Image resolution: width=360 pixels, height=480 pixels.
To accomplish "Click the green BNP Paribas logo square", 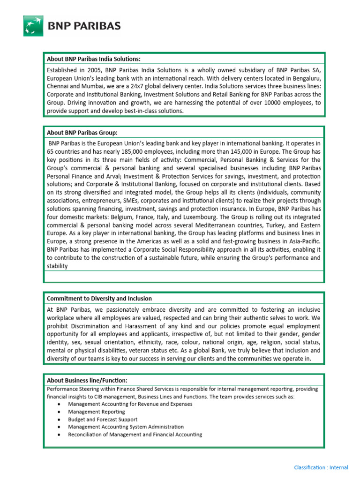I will click(33, 26).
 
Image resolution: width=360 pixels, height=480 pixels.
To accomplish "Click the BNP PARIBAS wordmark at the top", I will click(84, 26).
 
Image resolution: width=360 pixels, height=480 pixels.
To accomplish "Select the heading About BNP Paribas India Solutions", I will click(94, 59).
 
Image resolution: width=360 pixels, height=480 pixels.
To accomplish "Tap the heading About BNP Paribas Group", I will click(82, 133).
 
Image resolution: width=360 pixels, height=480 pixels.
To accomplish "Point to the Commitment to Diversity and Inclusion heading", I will click(99, 298).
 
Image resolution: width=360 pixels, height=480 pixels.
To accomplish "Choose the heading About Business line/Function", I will click(87, 380).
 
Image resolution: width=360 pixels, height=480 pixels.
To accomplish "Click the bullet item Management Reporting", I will click(97, 412).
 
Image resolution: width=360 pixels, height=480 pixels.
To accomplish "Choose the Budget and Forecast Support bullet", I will click(103, 420).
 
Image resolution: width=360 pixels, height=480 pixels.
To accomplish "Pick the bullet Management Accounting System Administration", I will click(126, 427).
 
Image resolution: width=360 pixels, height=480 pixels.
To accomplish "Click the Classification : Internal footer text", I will click(321, 467).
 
